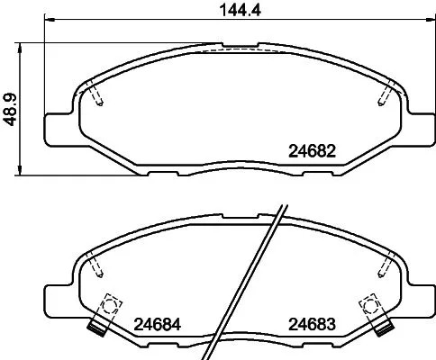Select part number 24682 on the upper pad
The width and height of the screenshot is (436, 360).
[x=313, y=152]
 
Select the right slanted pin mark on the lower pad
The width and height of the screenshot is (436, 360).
[x=388, y=266]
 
